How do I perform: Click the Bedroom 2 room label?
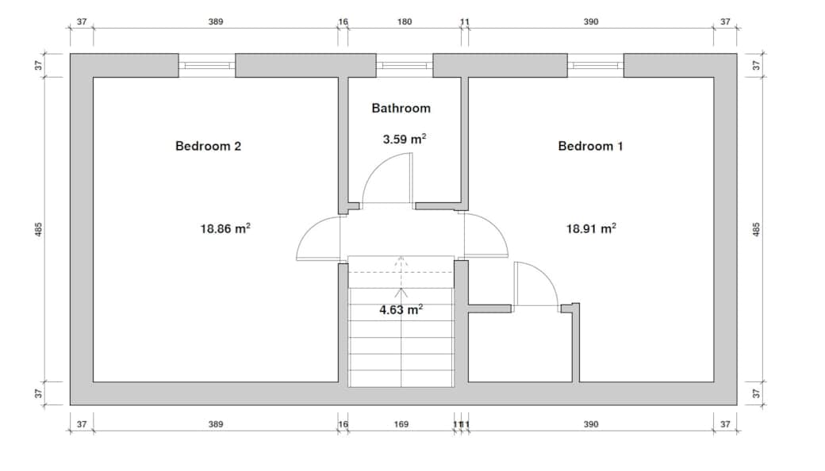208,146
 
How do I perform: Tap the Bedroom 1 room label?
590,146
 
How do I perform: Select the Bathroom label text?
401,108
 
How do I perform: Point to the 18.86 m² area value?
225,228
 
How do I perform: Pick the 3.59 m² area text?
404,139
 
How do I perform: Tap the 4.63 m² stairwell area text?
401,310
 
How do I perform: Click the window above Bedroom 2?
206,65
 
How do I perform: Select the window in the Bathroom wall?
404,65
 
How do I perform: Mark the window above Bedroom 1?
595,65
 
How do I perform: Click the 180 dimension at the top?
404,21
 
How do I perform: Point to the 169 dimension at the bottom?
401,424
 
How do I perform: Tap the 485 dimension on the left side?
38,229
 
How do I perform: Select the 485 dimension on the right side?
756,229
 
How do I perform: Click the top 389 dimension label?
215,21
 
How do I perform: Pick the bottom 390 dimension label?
590,424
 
